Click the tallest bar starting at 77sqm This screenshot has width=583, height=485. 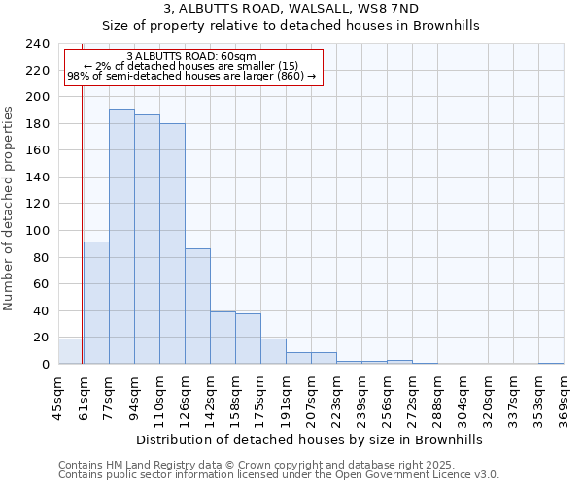click(121, 237)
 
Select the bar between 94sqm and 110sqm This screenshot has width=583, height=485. click(147, 240)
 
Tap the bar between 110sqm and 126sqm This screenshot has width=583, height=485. click(172, 243)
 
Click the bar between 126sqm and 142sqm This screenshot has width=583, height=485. click(197, 307)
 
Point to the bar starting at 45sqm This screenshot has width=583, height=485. click(70, 351)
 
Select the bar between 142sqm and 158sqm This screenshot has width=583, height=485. click(223, 338)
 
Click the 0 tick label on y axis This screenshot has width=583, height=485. click(45, 365)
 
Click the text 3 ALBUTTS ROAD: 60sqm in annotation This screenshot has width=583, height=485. click(191, 57)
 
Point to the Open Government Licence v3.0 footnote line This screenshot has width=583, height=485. click(279, 475)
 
